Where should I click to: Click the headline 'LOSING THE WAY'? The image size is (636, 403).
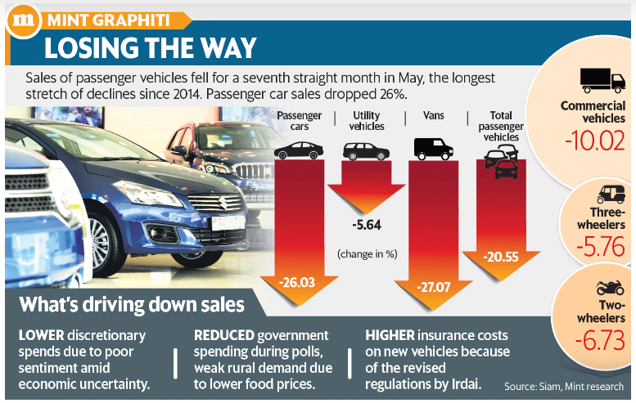[x=150, y=47]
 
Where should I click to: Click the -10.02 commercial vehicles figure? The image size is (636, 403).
[x=593, y=140]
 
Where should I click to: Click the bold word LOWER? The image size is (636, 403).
[x=40, y=336]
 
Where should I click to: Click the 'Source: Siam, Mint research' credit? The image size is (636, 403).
[x=563, y=387]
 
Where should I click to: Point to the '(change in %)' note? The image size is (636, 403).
[x=366, y=254]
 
